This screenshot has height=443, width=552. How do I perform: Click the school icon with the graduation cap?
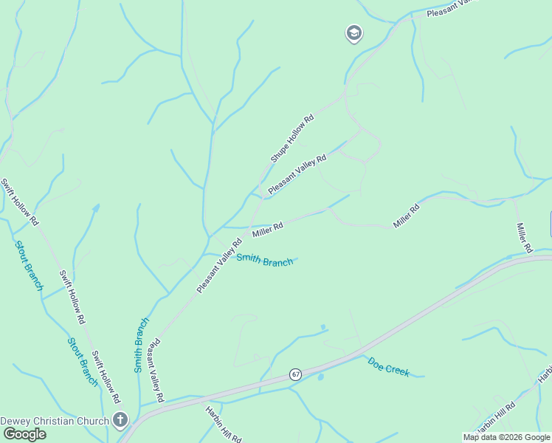click(x=354, y=33)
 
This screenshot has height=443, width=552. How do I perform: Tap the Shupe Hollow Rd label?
click(x=292, y=138)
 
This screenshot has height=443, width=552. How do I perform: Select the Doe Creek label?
click(x=388, y=367)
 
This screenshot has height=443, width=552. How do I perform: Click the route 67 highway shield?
click(x=295, y=374)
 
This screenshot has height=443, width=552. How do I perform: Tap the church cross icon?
click(x=120, y=421)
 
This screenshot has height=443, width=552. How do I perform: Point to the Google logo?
click(x=24, y=434)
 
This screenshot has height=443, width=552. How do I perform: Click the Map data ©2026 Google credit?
click(x=506, y=437)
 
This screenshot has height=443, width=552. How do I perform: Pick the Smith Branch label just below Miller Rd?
click(x=265, y=259)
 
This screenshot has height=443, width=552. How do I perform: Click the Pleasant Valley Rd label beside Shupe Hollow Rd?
click(x=297, y=174)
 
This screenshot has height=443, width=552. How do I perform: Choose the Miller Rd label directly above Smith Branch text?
click(x=268, y=230)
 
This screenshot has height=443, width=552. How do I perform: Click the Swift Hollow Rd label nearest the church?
click(x=106, y=377)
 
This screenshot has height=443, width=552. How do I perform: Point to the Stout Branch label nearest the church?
click(x=83, y=362)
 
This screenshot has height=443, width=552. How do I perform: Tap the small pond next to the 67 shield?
click(x=320, y=377)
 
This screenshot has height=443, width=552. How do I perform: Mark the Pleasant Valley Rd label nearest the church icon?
click(x=155, y=370)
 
